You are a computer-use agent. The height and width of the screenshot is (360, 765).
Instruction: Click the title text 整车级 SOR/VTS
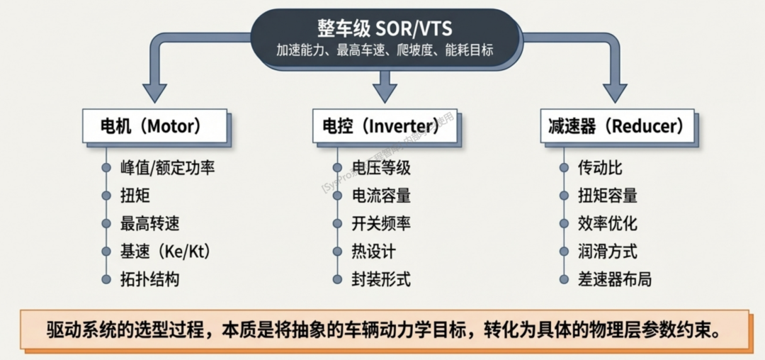click(386, 28)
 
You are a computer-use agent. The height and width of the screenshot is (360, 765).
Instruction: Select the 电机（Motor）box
click(154, 127)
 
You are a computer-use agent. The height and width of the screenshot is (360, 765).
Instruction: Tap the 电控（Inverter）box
click(385, 127)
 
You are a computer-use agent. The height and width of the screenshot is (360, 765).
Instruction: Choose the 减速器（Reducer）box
click(616, 127)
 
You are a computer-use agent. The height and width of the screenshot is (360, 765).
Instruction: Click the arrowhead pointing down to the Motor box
click(154, 93)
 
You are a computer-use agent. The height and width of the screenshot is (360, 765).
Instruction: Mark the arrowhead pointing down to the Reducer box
click(616, 93)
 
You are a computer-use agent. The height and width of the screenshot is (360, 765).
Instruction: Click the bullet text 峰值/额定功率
click(167, 169)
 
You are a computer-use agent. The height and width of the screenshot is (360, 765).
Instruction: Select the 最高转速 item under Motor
click(149, 224)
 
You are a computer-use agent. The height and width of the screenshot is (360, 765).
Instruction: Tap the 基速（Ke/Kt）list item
click(166, 252)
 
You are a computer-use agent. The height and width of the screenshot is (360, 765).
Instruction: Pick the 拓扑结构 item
click(149, 279)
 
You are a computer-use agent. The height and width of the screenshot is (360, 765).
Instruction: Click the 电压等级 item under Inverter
click(381, 169)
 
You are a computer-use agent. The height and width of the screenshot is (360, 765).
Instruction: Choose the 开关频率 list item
click(381, 224)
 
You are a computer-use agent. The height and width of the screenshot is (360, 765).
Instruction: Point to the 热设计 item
click(373, 252)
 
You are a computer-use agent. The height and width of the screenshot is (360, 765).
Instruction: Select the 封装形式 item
click(381, 279)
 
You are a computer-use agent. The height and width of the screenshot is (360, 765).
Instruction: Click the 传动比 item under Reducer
click(601, 169)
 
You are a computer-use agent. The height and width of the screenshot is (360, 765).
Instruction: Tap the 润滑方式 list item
click(608, 252)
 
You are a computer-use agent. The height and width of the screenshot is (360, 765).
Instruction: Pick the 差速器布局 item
click(615, 279)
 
